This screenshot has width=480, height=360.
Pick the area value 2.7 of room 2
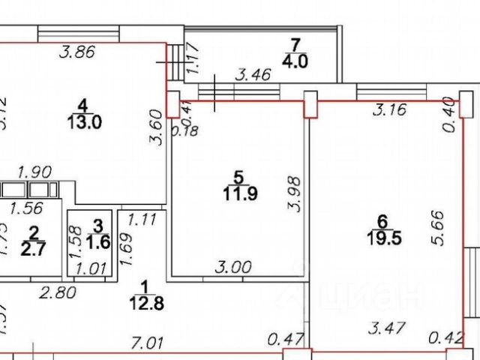[34, 247]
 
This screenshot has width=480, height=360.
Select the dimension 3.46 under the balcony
[253, 75]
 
